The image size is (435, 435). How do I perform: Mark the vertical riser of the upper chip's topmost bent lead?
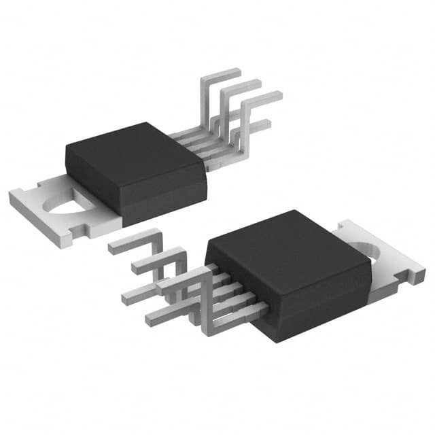[x=203, y=102]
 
